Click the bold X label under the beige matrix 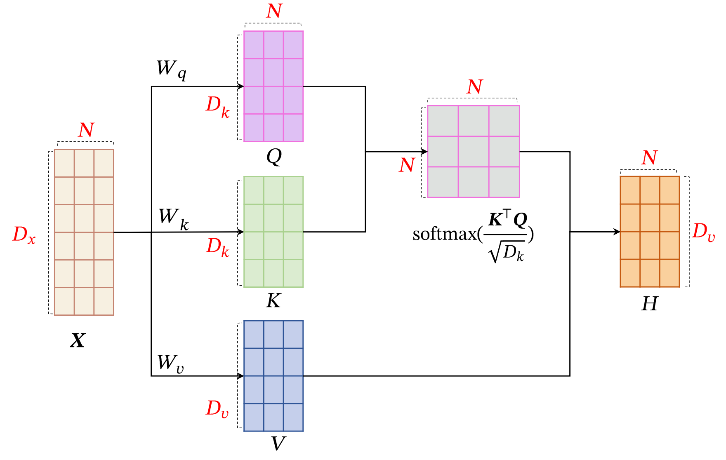pyautogui.click(x=78, y=340)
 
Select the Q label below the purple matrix pyautogui.click(x=274, y=157)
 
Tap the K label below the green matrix pyautogui.click(x=273, y=301)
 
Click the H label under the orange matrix pyautogui.click(x=650, y=304)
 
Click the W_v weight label pyautogui.click(x=170, y=363)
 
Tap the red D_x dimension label pyautogui.click(x=24, y=235)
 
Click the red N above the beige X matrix pyautogui.click(x=86, y=130)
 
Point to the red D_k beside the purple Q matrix pyautogui.click(x=217, y=106)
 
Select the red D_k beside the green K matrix pyautogui.click(x=217, y=247)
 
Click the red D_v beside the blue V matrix pyautogui.click(x=217, y=408)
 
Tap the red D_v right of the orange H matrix pyautogui.click(x=703, y=232)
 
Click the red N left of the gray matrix pyautogui.click(x=407, y=165)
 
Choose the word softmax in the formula pyautogui.click(x=445, y=234)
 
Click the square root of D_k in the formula pyautogui.click(x=507, y=252)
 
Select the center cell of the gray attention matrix pyautogui.click(x=474, y=152)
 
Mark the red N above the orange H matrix pyautogui.click(x=649, y=158)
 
